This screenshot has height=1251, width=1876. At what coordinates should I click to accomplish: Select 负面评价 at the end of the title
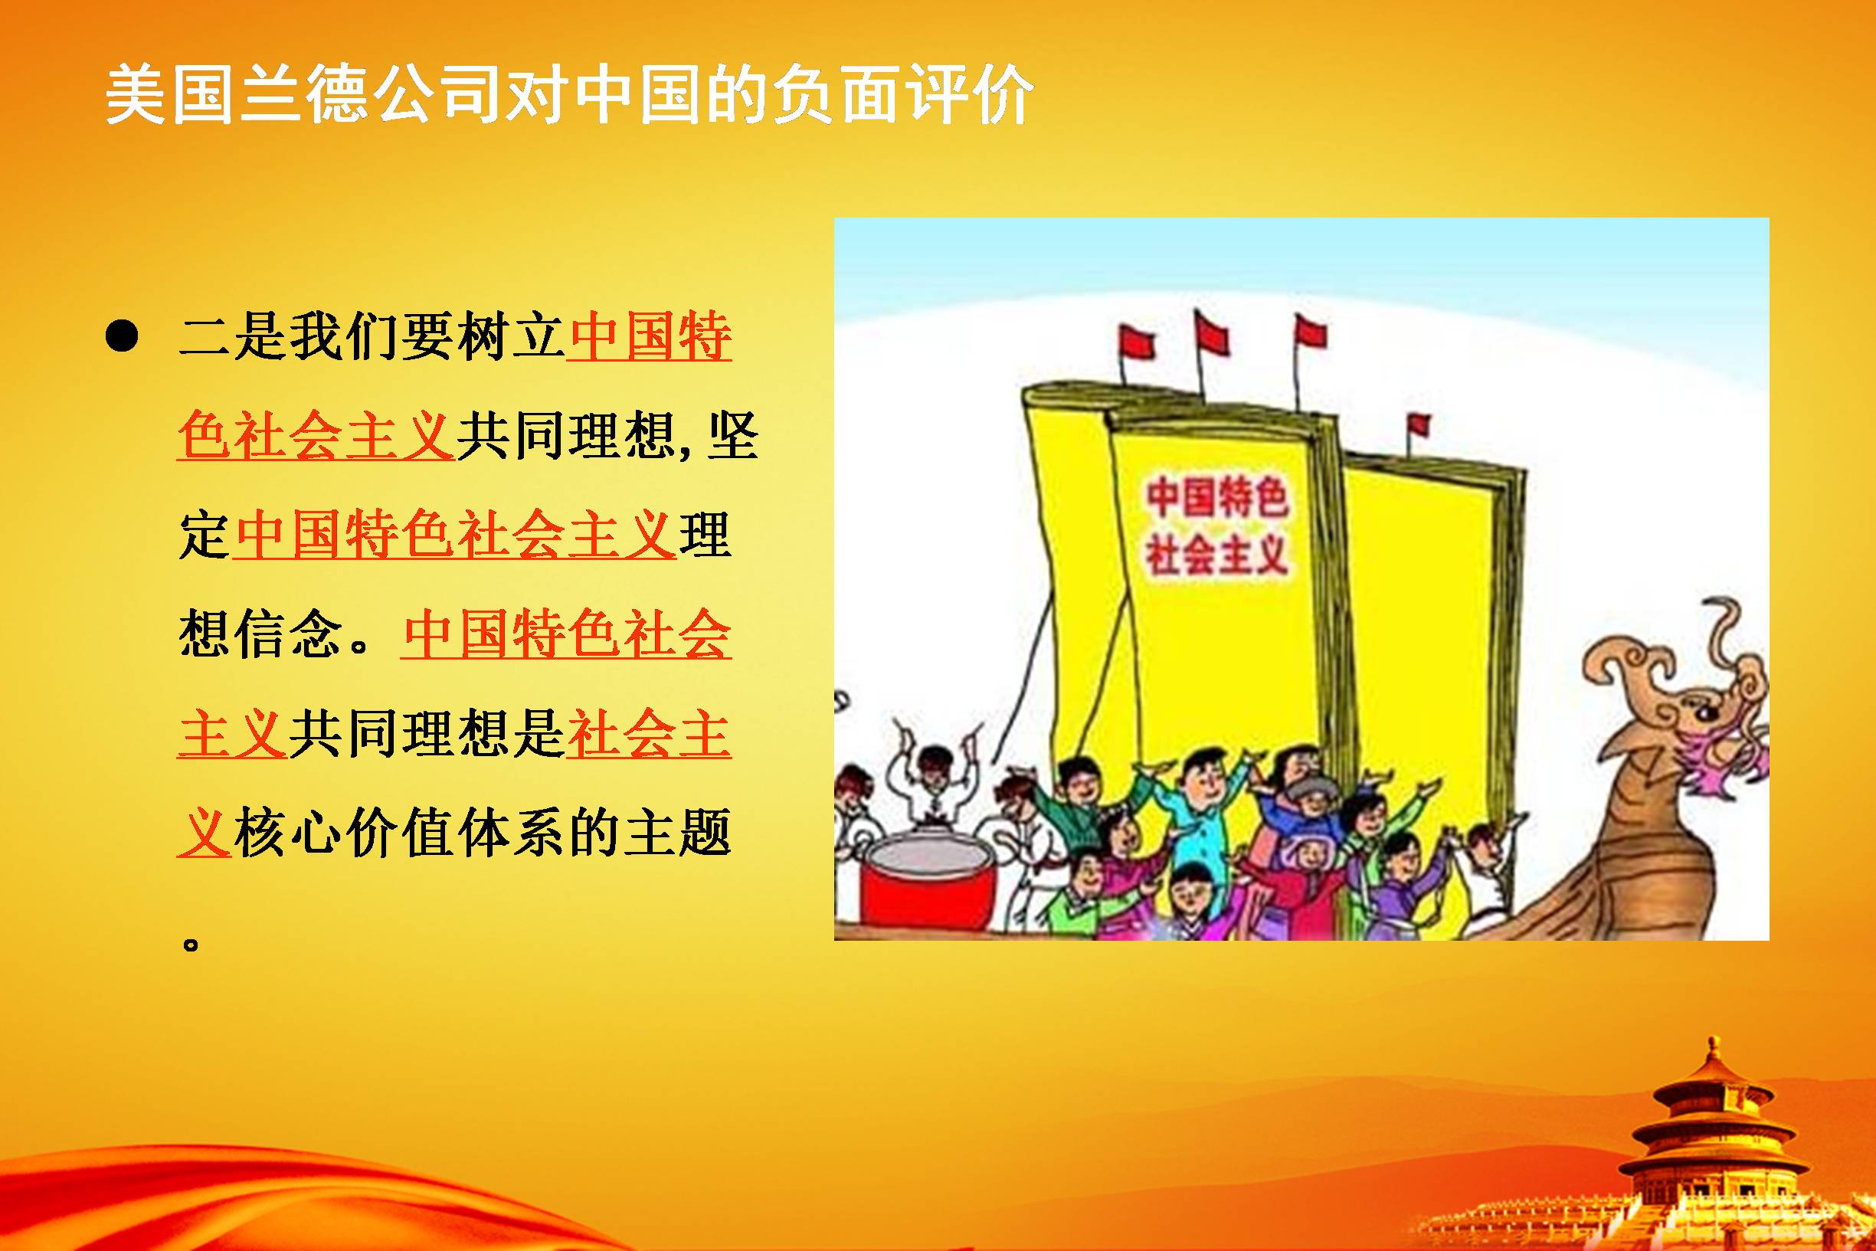click(902, 95)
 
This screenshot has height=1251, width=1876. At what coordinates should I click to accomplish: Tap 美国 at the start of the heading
click(172, 95)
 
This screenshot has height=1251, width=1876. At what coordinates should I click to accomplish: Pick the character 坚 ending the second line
click(732, 437)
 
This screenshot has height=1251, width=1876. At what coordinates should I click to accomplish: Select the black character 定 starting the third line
click(205, 535)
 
